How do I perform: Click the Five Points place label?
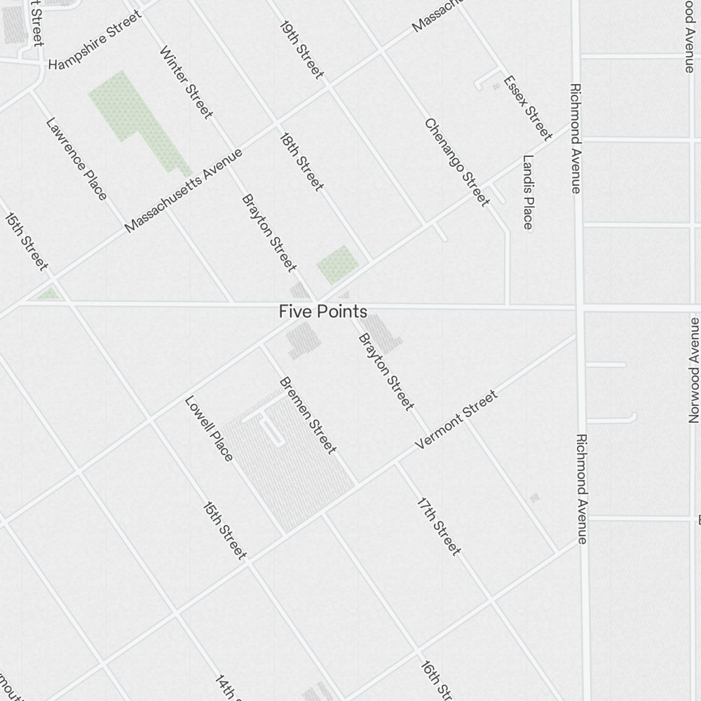(322, 311)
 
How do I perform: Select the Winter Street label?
(186, 82)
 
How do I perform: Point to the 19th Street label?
(301, 49)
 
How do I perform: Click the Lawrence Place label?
(76, 158)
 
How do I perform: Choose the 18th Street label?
(301, 162)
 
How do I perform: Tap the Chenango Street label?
(456, 163)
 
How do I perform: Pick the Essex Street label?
(528, 107)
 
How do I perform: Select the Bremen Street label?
(308, 415)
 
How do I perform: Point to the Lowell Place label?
(208, 429)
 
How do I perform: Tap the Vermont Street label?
(456, 420)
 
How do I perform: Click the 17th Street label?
(439, 526)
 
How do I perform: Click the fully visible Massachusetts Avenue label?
(184, 190)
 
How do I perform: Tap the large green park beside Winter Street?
(130, 112)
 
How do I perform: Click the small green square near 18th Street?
(337, 264)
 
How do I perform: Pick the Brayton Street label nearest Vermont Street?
(386, 372)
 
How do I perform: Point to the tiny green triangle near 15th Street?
(49, 294)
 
